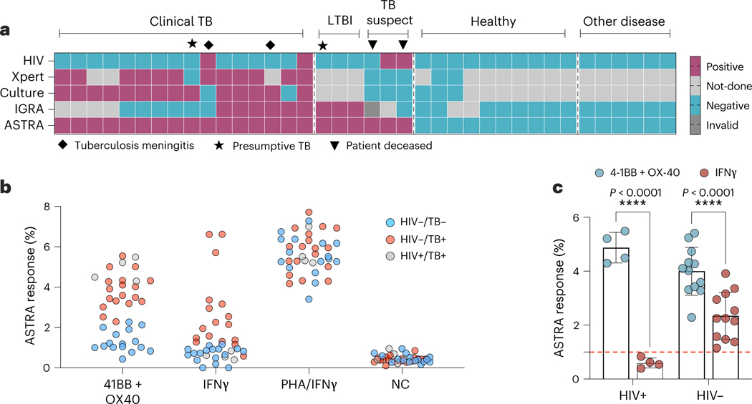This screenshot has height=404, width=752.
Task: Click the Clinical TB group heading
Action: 181,21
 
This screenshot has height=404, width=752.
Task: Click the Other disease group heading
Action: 625,21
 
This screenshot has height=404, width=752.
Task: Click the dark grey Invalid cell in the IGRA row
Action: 371,109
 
